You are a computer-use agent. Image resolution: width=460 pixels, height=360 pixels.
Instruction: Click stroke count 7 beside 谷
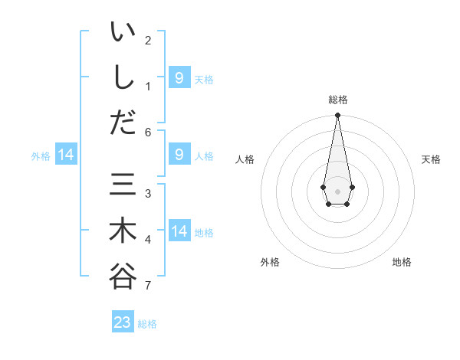point(148,286)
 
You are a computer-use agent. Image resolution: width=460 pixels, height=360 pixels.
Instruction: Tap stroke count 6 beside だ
point(148,133)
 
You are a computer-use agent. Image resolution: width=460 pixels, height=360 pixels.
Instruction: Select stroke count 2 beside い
point(148,40)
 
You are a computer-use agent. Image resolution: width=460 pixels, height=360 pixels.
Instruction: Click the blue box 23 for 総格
point(123,322)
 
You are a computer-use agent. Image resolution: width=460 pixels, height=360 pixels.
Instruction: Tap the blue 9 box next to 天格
point(179,77)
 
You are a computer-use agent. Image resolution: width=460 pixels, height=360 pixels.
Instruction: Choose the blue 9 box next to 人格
point(179,155)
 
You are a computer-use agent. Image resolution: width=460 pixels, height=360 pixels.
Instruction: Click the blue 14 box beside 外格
point(66,155)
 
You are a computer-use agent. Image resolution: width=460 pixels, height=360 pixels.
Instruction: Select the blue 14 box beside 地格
point(179,231)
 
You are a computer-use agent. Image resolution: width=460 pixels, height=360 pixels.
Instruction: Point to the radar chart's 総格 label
point(337,100)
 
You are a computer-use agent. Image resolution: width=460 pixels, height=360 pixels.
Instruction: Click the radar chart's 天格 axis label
point(431,159)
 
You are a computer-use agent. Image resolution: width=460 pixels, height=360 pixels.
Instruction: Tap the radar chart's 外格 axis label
point(270,262)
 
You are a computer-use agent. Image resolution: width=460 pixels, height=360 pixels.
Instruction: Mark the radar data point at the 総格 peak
point(337,116)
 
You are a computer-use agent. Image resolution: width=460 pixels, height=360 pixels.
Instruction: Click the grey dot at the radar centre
point(337,191)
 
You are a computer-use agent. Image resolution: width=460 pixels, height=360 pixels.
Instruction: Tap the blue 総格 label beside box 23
point(147,324)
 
